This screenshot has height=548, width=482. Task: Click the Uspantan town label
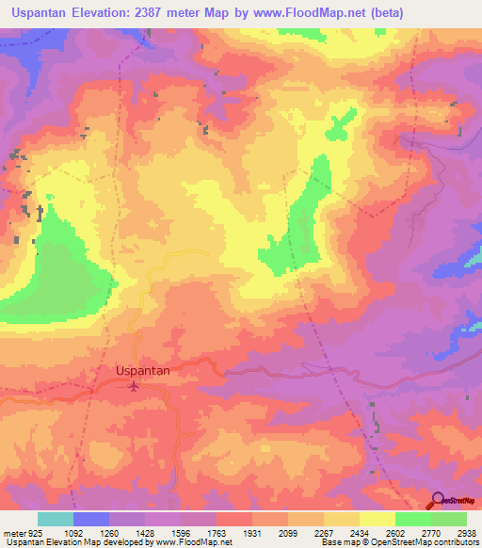(142, 371)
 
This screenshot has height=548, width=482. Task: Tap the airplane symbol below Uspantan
(134, 385)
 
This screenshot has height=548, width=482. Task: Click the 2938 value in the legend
(467, 532)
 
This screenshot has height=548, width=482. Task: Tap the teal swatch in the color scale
(55, 519)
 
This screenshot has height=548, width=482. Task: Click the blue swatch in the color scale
(90, 519)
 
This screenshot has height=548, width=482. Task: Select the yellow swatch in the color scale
(377, 519)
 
